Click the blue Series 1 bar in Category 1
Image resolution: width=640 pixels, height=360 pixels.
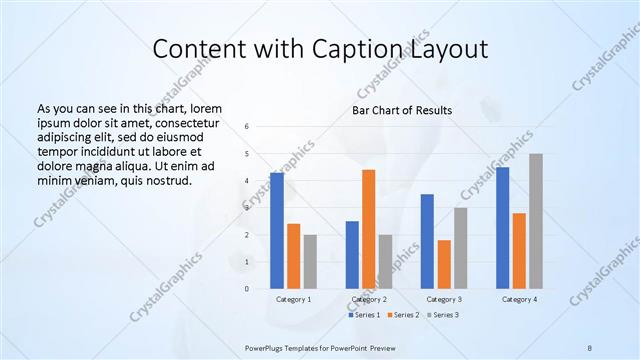click(x=277, y=231)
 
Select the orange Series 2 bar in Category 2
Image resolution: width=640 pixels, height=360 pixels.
click(x=369, y=229)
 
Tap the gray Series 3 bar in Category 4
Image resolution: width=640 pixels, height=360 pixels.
click(x=536, y=221)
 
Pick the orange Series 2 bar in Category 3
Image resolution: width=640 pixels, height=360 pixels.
click(x=444, y=264)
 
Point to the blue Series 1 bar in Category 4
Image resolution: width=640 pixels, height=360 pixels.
click(x=502, y=228)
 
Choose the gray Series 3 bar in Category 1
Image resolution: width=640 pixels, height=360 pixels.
click(x=310, y=262)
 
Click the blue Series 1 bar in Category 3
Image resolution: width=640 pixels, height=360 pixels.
click(x=427, y=241)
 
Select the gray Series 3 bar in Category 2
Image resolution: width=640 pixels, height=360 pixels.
click(x=386, y=262)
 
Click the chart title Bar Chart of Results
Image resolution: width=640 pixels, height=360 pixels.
click(x=402, y=110)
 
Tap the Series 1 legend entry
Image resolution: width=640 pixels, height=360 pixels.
click(x=366, y=315)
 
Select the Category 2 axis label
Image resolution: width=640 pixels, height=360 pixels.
click(x=369, y=299)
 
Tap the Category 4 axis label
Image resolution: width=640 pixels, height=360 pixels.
click(x=519, y=299)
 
